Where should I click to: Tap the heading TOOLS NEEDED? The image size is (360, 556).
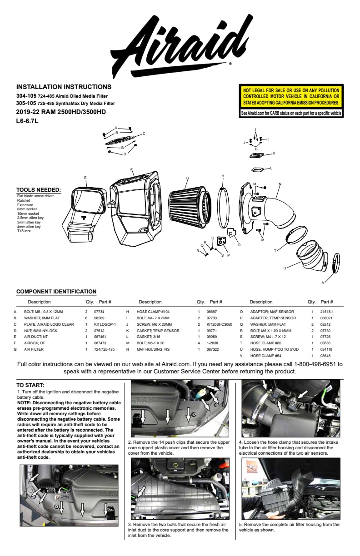39,190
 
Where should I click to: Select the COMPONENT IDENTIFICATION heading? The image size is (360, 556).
56,292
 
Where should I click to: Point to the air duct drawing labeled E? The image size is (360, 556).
86,213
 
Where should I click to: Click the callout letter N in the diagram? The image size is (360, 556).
280,184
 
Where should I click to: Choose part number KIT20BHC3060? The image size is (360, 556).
219,324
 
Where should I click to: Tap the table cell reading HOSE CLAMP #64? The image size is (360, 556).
265,356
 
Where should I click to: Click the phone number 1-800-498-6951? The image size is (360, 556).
316,364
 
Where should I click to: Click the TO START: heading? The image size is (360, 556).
30,385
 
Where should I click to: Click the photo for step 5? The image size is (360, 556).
290,488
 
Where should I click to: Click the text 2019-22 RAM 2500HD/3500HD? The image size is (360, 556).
61,112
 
